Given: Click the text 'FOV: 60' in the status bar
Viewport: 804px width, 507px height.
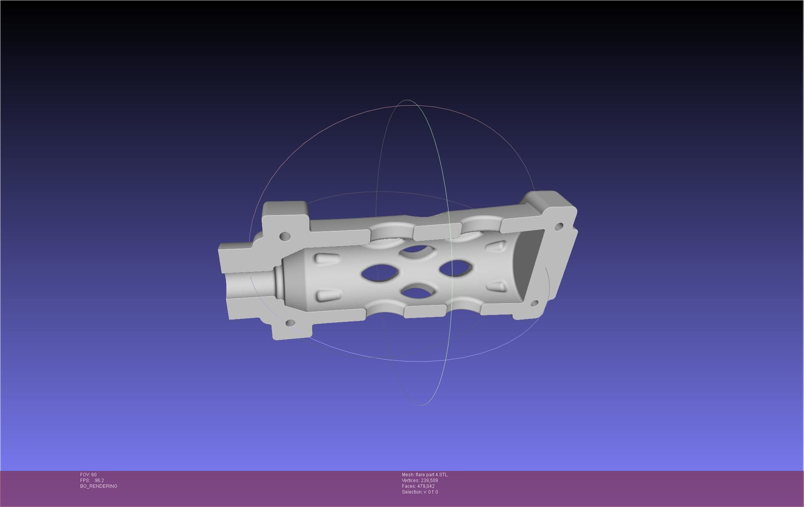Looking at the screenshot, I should pos(88,475).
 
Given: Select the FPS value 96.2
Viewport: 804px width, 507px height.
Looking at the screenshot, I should pos(99,480).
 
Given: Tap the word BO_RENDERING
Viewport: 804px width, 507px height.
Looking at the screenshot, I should pos(99,486).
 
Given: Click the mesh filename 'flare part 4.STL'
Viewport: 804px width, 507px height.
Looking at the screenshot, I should pos(431,475).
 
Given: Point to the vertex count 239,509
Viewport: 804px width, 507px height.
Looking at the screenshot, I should pos(429,480).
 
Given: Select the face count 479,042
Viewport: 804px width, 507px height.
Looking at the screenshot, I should pos(426,486).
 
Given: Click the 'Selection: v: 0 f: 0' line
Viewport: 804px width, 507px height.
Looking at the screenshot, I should pos(420,492).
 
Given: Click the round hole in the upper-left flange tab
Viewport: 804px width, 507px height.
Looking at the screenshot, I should pos(285,236).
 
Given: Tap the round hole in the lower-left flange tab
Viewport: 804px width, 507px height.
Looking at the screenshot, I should pos(290,323).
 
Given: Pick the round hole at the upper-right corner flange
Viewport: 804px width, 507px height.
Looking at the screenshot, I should pos(559,226).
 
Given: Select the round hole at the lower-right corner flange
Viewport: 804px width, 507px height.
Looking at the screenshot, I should pos(534,304).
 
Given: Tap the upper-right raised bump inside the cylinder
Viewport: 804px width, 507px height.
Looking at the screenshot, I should pos(496,246).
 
